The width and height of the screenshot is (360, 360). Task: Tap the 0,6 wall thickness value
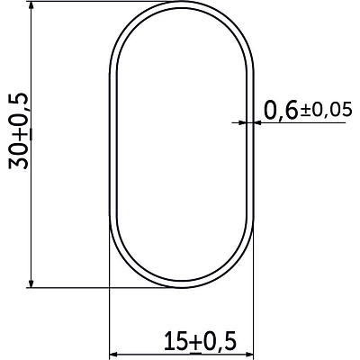281,110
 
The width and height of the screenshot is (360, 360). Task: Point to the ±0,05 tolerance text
326,110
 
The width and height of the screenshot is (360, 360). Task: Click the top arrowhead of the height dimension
31,6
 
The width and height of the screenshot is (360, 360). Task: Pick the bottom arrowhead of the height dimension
31,283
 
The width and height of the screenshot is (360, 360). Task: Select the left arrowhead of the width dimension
114,355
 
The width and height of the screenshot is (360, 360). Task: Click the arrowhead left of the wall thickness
242,122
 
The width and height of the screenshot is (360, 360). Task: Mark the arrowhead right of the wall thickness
258,122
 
